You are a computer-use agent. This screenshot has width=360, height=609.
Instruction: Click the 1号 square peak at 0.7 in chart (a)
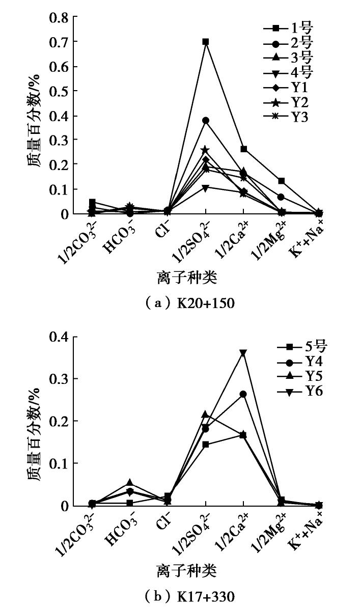pos(206,42)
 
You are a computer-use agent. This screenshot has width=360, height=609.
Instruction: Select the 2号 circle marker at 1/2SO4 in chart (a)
pos(206,121)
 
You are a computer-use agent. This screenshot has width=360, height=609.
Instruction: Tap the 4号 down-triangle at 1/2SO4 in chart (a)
pos(206,188)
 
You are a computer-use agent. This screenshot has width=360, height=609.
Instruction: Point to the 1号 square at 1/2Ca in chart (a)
pos(243,149)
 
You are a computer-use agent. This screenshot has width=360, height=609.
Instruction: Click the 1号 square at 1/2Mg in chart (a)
pos(281,181)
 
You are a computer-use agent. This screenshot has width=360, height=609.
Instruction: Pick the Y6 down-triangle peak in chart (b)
pos(243,352)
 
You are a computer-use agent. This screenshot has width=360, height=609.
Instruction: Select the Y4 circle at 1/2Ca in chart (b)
pos(243,394)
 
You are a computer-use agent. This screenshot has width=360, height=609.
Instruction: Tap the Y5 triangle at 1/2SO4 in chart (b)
pos(206,414)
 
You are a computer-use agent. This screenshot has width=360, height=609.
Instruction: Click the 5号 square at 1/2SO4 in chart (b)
pos(206,445)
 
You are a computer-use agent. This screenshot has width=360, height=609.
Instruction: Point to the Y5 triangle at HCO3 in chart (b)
pos(130,482)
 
